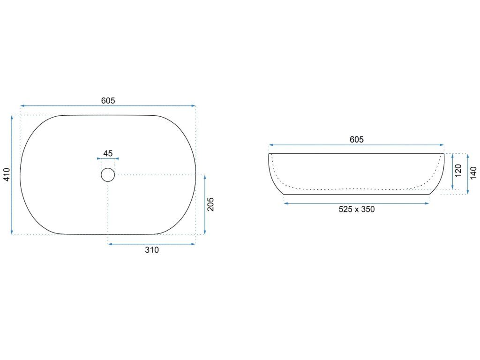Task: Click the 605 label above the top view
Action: [x=108, y=100]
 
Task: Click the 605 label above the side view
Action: [x=357, y=140]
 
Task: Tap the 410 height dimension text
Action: [x=7, y=174]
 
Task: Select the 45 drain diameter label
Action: [x=108, y=153]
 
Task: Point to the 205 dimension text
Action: [x=210, y=204]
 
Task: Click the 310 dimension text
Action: [x=152, y=250]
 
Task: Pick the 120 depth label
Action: [x=458, y=171]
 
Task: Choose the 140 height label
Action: [x=473, y=173]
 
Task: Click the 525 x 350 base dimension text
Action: [x=357, y=210]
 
